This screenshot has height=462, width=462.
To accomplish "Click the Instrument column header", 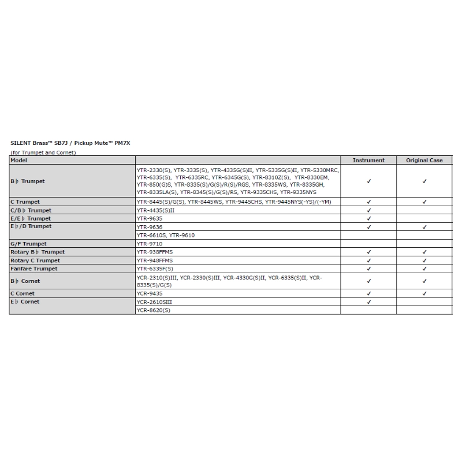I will click(368, 160).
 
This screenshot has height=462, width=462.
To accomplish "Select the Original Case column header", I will click(424, 160).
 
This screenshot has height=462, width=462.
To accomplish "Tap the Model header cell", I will click(19, 160).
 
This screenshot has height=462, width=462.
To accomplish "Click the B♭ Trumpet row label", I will click(27, 181).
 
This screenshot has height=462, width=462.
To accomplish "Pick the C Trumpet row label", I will click(25, 202).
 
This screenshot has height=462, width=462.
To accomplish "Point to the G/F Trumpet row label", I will click(28, 244).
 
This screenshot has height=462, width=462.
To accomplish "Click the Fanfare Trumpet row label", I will click(33, 269).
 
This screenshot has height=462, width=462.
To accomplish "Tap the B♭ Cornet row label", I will click(25, 281).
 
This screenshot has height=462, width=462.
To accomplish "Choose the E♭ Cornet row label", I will click(25, 301).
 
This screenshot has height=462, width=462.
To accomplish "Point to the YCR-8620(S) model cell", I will click(154, 310).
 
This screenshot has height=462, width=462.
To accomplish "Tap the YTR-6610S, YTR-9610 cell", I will click(166, 235).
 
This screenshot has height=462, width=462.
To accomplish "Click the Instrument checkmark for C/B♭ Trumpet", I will click(368, 210).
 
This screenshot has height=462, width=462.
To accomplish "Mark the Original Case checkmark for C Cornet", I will click(424, 293).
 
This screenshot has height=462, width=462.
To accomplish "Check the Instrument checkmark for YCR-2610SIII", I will click(368, 301).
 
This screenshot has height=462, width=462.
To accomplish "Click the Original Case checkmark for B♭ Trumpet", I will click(424, 181).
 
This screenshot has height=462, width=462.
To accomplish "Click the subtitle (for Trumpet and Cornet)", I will click(43, 152).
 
